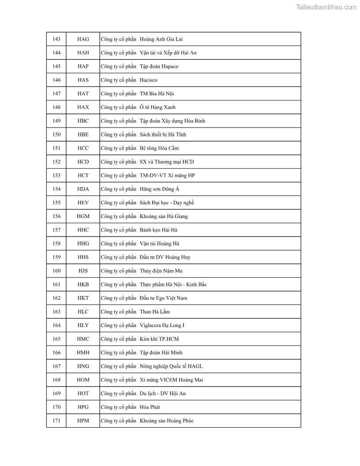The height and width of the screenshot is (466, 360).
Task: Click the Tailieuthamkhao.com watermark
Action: (x=326, y=7)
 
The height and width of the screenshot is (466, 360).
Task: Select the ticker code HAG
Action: (x=83, y=39)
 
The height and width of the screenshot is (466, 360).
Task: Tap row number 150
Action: (x=56, y=135)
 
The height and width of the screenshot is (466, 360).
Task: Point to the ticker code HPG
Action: (x=83, y=407)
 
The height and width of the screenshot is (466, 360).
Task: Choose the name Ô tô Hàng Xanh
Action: (x=157, y=107)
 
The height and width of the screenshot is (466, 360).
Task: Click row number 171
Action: (x=56, y=421)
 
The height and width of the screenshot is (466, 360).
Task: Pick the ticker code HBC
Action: (x=83, y=121)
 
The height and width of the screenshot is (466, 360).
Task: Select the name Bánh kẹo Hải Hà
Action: (x=158, y=230)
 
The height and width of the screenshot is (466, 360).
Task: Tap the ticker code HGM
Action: (x=83, y=216)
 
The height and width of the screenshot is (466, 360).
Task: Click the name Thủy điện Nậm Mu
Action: (x=161, y=271)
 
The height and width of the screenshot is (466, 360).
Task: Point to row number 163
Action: (x=56, y=312)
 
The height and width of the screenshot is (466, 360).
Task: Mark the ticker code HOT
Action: (x=83, y=394)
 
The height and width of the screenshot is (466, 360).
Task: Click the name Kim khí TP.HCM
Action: (x=159, y=339)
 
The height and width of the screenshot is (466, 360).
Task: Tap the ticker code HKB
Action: (x=83, y=285)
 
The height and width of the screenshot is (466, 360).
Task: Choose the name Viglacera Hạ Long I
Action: (x=162, y=326)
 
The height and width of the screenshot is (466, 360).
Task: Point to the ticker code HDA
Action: (x=83, y=189)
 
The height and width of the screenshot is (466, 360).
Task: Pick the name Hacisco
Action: (x=148, y=80)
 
